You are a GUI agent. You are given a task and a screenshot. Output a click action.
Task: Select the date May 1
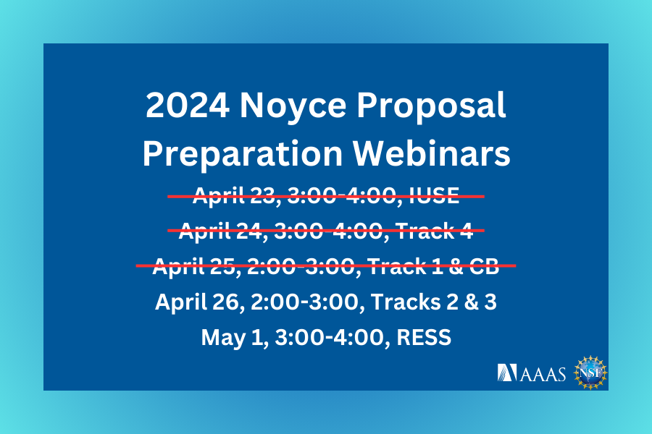click(x=225, y=337)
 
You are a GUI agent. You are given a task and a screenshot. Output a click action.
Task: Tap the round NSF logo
click(x=588, y=372)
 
